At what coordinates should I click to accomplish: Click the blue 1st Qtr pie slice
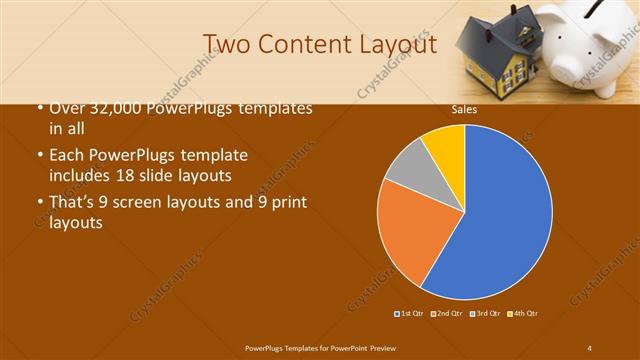tap(500, 220)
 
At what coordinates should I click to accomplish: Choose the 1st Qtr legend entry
tap(410, 313)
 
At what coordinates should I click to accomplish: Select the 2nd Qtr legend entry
tap(447, 313)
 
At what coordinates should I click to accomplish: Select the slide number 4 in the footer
tap(590, 347)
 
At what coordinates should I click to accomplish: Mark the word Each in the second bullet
tap(67, 157)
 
